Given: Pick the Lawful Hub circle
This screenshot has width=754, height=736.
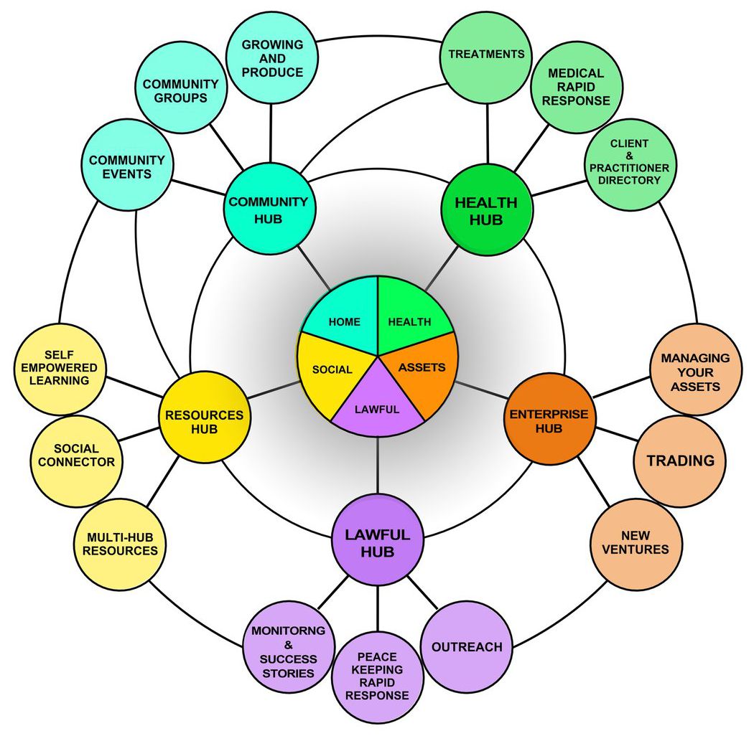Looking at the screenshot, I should [377, 542].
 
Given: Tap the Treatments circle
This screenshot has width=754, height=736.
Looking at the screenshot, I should [486, 55].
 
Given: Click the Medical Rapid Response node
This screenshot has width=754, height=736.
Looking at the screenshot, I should [575, 86].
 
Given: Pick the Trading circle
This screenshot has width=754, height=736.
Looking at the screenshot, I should [681, 461].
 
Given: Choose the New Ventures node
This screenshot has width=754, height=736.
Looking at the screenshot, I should [635, 543].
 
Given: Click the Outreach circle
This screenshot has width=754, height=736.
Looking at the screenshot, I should [466, 647].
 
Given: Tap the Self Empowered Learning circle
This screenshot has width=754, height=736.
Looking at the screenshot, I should [60, 368].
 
